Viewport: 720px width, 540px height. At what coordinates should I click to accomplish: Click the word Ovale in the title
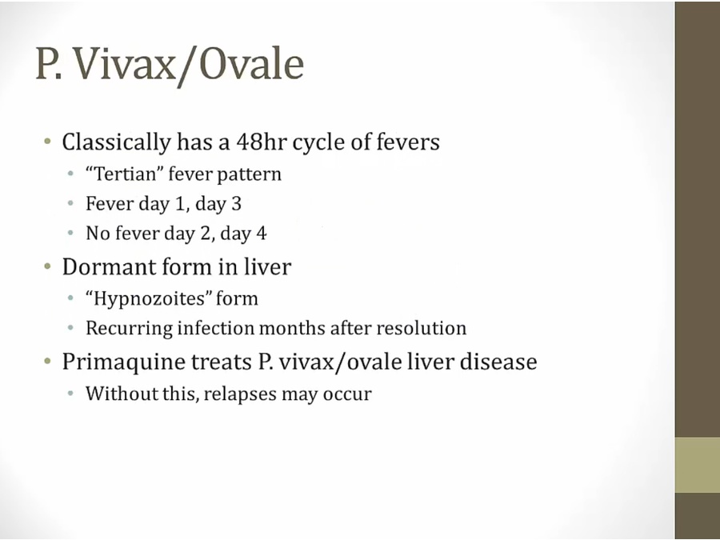click(x=251, y=64)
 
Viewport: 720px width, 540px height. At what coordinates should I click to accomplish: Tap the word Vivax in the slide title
click(x=124, y=64)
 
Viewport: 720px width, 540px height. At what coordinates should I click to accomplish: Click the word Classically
click(x=116, y=142)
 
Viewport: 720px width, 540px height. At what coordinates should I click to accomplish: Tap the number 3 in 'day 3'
click(x=236, y=204)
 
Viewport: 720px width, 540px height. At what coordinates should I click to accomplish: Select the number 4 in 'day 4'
click(x=262, y=234)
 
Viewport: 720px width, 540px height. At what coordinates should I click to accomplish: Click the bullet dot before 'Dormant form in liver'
click(x=48, y=266)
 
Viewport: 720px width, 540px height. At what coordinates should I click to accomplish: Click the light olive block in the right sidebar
click(x=697, y=465)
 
